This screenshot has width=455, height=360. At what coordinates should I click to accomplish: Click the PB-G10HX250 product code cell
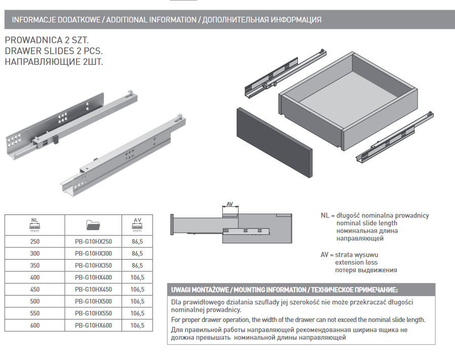[93, 242]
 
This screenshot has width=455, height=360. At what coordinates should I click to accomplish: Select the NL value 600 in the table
[35, 325]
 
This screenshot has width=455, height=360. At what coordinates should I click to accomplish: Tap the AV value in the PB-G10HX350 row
[137, 266]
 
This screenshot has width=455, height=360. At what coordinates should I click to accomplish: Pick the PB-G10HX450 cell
[93, 290]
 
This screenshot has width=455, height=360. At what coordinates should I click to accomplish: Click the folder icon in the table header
[93, 223]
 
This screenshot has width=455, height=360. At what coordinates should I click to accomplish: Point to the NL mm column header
[35, 224]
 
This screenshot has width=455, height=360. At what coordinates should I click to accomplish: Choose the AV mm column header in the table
[137, 224]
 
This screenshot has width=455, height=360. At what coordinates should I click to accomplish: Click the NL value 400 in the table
[35, 278]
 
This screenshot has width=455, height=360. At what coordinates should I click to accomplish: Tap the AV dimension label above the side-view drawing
[230, 204]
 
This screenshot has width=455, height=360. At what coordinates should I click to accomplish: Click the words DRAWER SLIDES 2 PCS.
[54, 51]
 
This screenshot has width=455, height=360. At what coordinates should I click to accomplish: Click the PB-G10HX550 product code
[93, 313]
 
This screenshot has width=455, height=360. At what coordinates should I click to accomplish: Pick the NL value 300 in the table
[35, 254]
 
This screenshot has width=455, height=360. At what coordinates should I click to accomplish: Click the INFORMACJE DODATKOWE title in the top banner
[56, 20]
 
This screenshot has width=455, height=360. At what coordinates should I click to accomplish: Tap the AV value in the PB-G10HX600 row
[137, 325]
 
